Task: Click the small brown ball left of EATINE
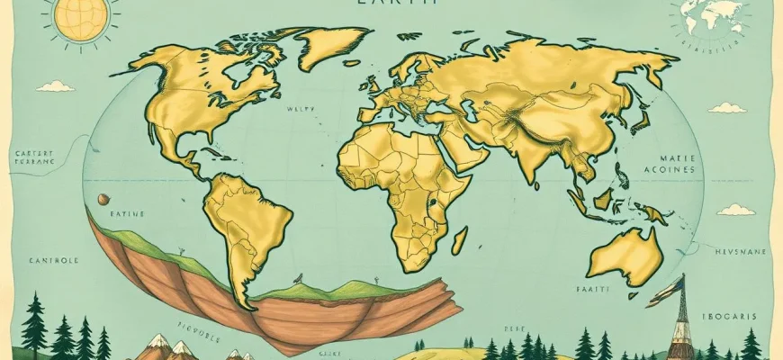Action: [x=104, y=199]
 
